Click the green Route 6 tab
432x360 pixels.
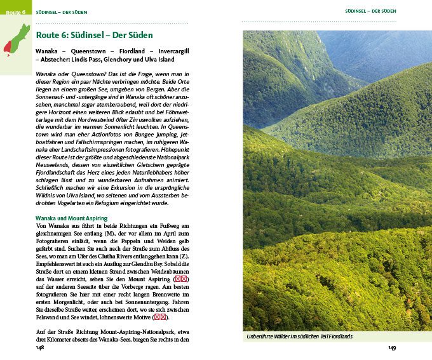coord(15,12)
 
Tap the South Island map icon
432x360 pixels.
coord(15,39)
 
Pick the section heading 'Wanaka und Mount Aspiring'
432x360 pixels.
coord(72,218)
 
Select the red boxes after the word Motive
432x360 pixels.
coord(161,317)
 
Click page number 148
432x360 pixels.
coord(40,348)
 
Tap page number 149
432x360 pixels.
coord(392,348)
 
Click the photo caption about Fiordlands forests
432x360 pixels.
coord(299,337)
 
